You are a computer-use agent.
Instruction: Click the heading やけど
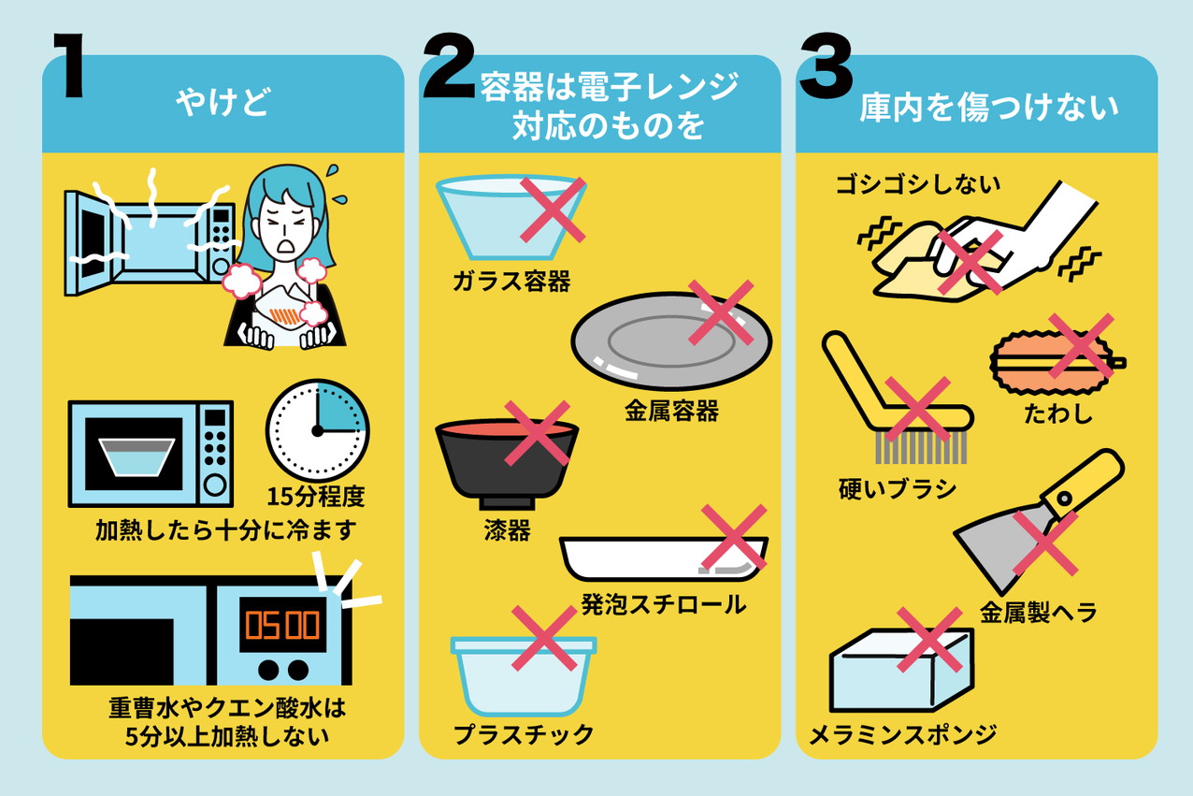[223, 101]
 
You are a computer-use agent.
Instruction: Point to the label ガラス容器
[511, 281]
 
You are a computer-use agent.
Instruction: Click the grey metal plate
[671, 340]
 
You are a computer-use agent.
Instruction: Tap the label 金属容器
[671, 411]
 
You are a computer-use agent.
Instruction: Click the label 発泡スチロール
[663, 605]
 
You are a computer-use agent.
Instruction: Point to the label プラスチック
[524, 734]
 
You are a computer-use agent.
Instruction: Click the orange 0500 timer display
[282, 625]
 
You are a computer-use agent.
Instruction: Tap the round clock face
[318, 430]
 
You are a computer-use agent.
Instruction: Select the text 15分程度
[315, 497]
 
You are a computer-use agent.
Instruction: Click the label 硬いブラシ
[898, 489]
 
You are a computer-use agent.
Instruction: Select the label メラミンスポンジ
[903, 734]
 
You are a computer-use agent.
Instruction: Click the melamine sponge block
[901, 671]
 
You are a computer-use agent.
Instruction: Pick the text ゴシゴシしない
[917, 184]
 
